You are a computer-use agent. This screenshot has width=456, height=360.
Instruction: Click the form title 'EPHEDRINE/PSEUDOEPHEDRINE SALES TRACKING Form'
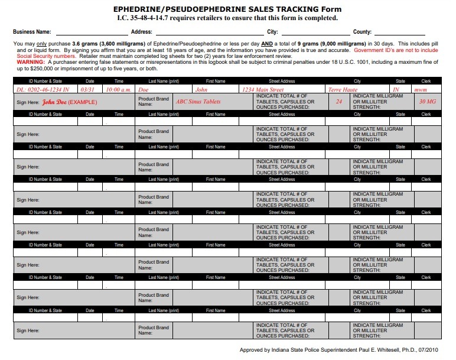tap(227, 9)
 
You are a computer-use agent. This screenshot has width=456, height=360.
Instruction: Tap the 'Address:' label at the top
tap(142, 32)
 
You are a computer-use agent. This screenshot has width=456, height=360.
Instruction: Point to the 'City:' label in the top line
tap(272, 32)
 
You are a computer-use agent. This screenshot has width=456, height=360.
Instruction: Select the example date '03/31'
tap(87, 89)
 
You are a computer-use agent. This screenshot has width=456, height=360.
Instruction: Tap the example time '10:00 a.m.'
tap(118, 89)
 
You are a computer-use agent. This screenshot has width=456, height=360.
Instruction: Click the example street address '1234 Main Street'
tap(263, 89)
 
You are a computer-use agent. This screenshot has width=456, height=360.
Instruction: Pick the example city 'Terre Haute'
tap(343, 89)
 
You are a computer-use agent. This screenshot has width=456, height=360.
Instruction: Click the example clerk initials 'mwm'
tap(421, 89)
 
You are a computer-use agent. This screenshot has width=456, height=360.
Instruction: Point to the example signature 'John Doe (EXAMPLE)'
tap(69, 102)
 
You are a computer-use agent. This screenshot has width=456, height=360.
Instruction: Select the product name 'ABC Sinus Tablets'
tap(198, 102)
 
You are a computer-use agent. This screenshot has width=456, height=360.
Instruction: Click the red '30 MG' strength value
tap(426, 102)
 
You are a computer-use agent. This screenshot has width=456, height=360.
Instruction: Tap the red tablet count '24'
tap(339, 102)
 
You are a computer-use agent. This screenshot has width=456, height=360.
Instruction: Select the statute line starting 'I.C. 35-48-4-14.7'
tap(227, 18)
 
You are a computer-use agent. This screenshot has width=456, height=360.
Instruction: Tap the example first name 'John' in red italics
tap(202, 89)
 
